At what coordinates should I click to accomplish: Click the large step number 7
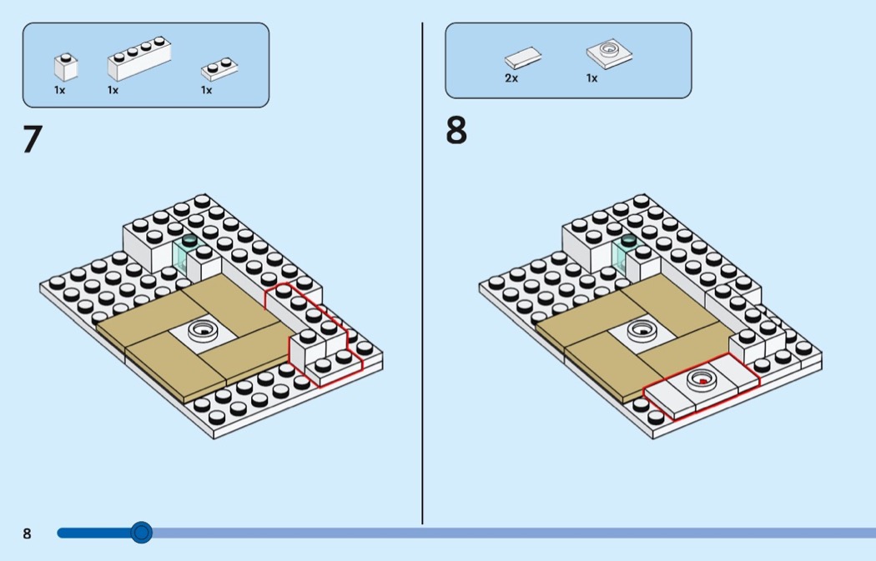tap(33, 139)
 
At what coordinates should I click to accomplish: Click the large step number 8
tap(456, 130)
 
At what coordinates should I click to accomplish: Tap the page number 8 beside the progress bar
tap(27, 533)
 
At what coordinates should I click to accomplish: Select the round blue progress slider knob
tap(141, 533)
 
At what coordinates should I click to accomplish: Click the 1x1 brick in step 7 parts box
tap(66, 67)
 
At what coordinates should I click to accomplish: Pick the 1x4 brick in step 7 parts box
tap(139, 58)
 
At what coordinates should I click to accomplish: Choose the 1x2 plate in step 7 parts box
tap(219, 68)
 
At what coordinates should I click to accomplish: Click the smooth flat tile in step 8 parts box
tap(523, 58)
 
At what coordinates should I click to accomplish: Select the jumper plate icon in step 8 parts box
tap(610, 53)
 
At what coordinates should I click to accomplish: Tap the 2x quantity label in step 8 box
tap(511, 78)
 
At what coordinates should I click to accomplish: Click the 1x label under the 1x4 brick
tap(113, 90)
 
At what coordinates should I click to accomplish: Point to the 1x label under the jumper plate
tap(592, 78)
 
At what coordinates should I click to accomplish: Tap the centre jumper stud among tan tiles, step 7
tap(203, 329)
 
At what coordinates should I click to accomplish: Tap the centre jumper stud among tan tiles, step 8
tap(642, 329)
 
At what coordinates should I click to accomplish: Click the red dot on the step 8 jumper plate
tap(702, 381)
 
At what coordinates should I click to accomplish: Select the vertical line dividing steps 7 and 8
tap(422, 273)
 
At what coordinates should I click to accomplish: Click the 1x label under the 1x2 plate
tap(207, 90)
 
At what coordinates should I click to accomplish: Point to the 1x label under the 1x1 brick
tap(60, 90)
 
